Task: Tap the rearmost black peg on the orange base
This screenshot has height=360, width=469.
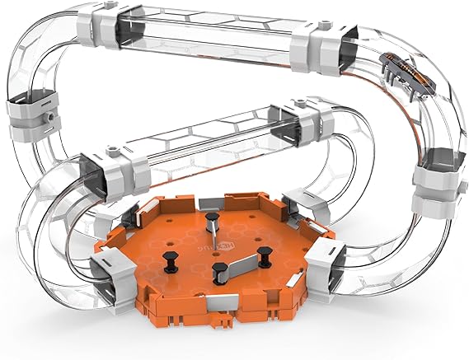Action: pyautogui.click(x=213, y=220)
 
